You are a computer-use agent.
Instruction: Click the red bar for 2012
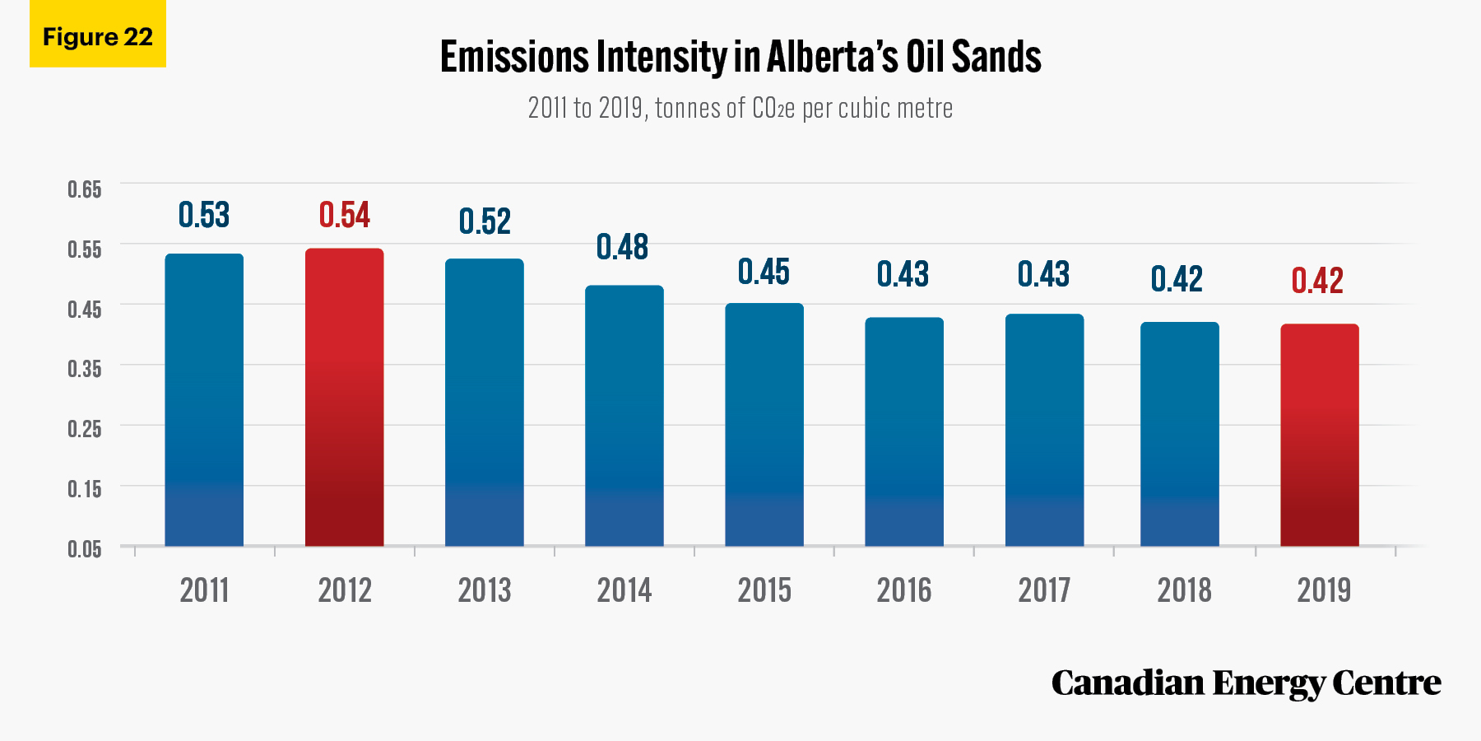point(344,397)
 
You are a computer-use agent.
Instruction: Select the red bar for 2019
point(1320,435)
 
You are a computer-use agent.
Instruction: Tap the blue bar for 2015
point(764,425)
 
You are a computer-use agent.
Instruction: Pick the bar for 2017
point(1044,430)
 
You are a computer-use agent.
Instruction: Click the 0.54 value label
point(345,216)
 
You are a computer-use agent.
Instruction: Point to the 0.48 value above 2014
point(623,247)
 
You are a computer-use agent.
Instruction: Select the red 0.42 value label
point(1317,281)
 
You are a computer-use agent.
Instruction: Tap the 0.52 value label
point(485,221)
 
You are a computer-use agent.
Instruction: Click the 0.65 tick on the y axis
point(85,189)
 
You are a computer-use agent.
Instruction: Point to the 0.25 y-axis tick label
point(85,429)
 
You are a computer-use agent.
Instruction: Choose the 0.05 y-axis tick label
point(85,549)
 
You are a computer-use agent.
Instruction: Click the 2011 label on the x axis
point(204,590)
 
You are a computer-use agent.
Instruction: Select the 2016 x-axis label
point(904,590)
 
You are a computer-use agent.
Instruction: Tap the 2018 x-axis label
point(1184,590)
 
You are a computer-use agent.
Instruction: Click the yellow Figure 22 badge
point(98,34)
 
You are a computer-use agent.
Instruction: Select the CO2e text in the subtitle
point(773,108)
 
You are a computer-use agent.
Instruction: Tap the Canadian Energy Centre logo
point(1246,683)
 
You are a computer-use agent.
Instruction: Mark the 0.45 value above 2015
point(764,272)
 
